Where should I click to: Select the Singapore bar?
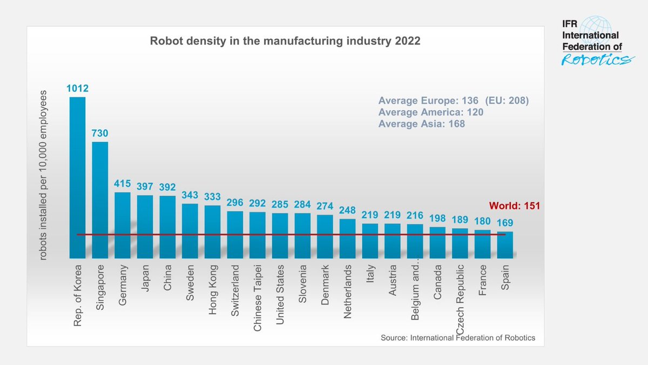pos(100,200)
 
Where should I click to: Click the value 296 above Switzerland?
pos(235,203)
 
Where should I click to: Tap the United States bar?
pos(280,236)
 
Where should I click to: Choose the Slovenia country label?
pos(303,283)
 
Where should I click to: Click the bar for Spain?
pos(505,245)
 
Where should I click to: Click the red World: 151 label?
pos(515,206)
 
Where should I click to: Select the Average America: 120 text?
pos(430,112)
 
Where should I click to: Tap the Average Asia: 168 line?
pos(421,124)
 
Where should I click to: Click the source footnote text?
pos(457,338)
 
